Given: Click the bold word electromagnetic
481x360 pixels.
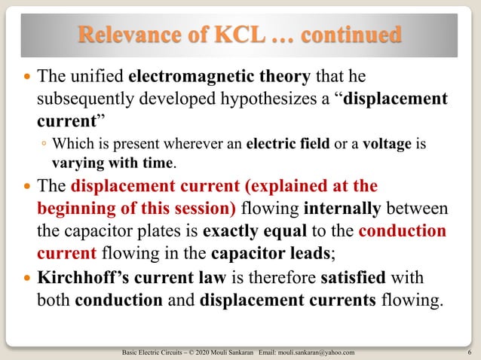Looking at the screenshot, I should click(185, 77).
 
